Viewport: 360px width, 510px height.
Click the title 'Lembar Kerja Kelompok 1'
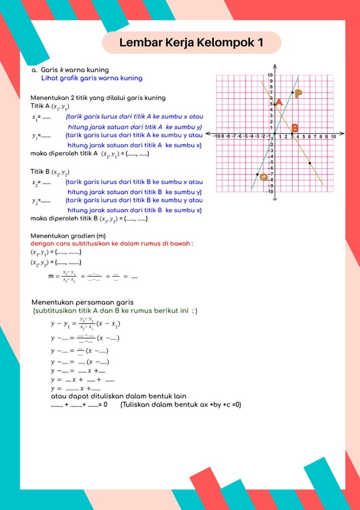pos(191,43)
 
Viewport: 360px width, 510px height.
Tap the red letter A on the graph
pos(278,102)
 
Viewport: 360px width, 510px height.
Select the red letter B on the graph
pos(295,128)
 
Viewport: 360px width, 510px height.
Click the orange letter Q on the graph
pos(264,177)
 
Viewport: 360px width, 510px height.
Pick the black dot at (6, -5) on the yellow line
pos(310,163)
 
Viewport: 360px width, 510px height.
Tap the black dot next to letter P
pos(292,92)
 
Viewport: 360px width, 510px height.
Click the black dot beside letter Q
pos(257,175)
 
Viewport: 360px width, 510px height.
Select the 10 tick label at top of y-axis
pos(270,75)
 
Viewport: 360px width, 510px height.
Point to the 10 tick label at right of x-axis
pos(333,137)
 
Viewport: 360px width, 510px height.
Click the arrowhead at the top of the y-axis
pos(274,66)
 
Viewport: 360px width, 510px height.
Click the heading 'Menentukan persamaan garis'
pos(82,302)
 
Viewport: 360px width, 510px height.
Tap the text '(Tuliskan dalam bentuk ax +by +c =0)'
pos(181,404)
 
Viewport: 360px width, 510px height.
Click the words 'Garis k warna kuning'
pos(71,70)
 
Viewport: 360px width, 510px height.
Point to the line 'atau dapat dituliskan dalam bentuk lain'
pos(118,396)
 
